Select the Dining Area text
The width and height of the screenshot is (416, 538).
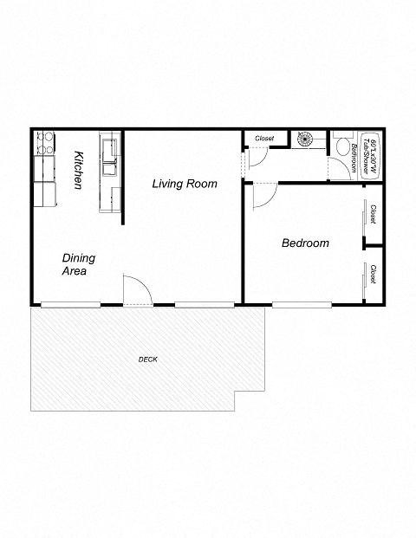[78, 264]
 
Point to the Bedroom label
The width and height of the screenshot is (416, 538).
[305, 243]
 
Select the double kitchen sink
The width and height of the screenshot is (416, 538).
[109, 156]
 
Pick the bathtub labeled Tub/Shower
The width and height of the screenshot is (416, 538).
[368, 156]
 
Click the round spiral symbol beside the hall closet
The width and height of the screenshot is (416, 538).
[308, 139]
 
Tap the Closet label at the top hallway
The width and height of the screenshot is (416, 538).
[264, 138]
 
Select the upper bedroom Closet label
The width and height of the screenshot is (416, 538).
[373, 213]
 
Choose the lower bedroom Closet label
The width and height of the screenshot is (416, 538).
[373, 275]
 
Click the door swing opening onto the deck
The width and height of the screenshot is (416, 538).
[137, 290]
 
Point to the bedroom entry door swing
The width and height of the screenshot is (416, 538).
[262, 197]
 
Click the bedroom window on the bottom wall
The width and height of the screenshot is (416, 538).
[302, 303]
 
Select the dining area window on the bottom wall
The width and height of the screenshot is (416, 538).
[70, 304]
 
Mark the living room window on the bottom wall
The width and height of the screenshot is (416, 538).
[204, 304]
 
